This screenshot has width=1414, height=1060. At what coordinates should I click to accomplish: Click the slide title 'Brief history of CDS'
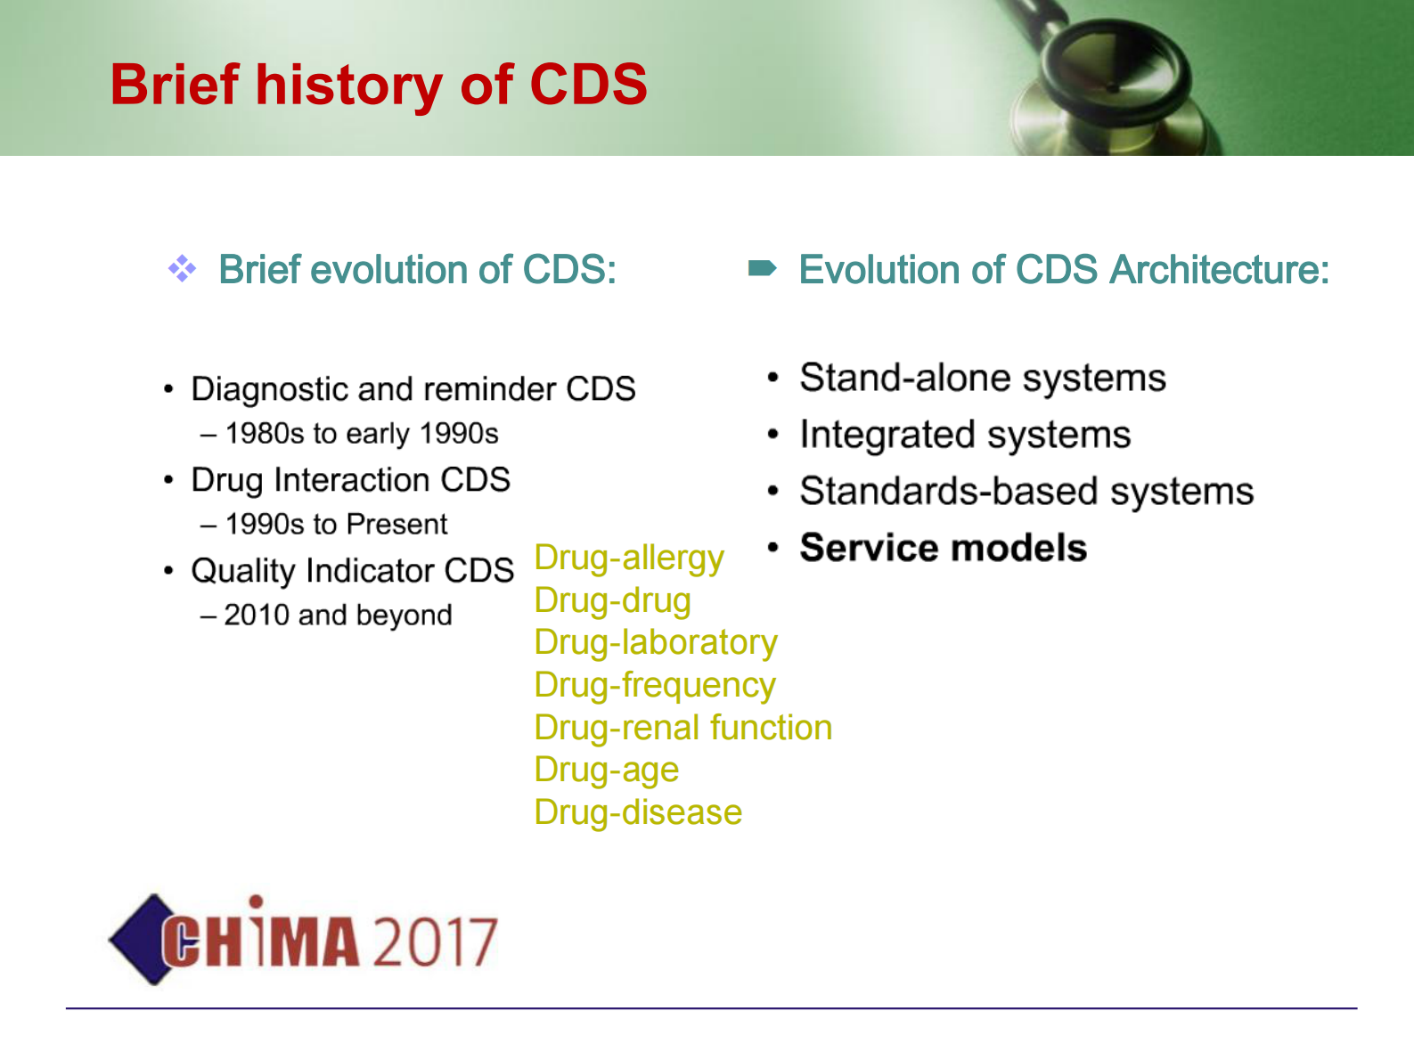(379, 85)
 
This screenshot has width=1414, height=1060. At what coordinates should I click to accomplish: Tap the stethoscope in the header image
(1108, 80)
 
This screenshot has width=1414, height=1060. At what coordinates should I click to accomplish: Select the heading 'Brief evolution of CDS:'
(418, 269)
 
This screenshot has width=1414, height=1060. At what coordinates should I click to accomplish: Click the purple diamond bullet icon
(183, 268)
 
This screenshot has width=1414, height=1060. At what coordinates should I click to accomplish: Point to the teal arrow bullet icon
(762, 268)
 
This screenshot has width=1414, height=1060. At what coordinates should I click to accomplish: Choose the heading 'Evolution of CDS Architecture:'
(1064, 269)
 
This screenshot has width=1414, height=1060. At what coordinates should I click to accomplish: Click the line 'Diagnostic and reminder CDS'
(413, 389)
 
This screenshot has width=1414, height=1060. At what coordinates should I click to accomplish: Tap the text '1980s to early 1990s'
(362, 434)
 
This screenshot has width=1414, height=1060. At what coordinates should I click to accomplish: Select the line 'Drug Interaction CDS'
(351, 480)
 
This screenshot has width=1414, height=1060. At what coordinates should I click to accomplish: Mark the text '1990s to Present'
(336, 524)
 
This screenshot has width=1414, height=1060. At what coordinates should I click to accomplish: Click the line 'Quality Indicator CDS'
(353, 571)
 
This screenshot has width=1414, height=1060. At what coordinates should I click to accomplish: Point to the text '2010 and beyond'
(339, 615)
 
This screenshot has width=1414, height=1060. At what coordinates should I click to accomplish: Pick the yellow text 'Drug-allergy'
(629, 559)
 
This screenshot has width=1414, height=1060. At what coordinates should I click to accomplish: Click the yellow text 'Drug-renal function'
(683, 729)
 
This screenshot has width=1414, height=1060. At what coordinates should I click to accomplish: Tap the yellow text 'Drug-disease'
(638, 812)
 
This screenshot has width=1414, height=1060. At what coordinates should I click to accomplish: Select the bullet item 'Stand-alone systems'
(983, 378)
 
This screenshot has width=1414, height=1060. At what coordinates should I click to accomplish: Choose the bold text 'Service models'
(944, 548)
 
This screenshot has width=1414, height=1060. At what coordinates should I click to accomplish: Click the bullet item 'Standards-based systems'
(1026, 492)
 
